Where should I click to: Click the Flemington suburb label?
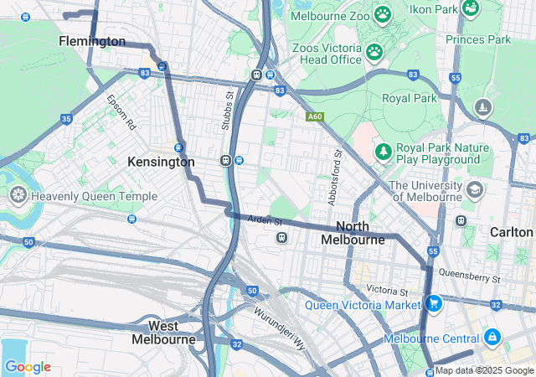pos(92,41)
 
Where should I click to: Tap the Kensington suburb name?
pos(161,162)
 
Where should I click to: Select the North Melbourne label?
pos(353,233)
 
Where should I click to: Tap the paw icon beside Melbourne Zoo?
pos(383,14)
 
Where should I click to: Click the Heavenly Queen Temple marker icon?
pos(18,196)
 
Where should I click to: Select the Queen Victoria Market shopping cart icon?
pos(433,304)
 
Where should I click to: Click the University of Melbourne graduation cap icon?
pos(475,190)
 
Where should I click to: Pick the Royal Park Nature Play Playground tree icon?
pos(383,152)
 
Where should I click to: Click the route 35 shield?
pos(66,120)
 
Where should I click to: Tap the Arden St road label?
pos(264,220)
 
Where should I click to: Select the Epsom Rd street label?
pos(121,112)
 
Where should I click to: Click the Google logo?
pos(28,367)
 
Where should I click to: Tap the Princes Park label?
pos(478,39)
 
